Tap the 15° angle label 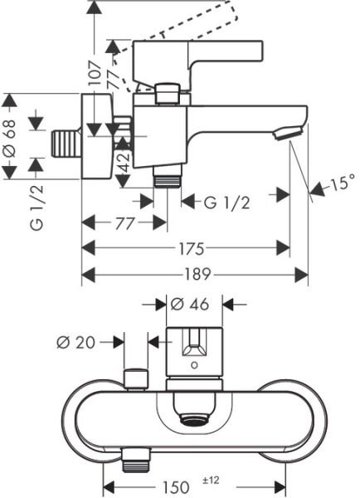coord(341,183)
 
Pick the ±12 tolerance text coord(211,480)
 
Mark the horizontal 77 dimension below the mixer coord(125,222)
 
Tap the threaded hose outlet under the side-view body coord(168,176)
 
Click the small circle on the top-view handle coord(193,363)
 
